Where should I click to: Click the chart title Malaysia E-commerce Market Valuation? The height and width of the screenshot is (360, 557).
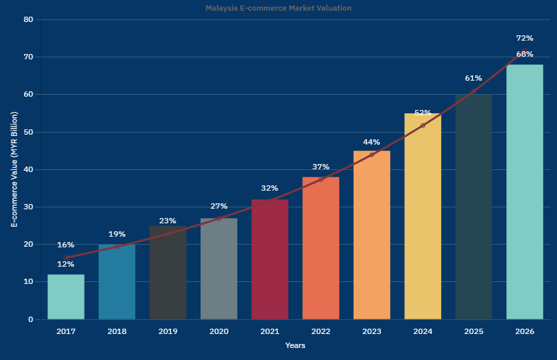278,8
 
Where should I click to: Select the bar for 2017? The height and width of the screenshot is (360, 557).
66,297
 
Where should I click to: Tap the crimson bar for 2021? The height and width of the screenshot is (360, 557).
270,259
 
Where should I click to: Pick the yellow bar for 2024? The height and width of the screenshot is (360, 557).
422,217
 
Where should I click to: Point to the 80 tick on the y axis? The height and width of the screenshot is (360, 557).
28,19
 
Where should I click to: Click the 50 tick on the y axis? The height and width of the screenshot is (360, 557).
28,132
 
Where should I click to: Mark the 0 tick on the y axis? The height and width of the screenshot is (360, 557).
31,319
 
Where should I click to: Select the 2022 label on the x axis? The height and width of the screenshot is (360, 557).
320,331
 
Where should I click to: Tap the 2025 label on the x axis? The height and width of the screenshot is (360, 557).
474,331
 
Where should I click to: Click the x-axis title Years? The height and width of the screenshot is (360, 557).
295,345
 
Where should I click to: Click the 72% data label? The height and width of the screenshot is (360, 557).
524,39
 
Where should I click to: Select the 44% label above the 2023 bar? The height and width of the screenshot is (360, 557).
371,142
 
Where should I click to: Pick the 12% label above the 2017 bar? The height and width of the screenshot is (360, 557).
65,264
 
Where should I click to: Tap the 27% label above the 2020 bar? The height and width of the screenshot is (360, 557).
219,206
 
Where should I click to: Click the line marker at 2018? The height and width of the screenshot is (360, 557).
117,247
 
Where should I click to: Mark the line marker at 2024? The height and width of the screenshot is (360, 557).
422,125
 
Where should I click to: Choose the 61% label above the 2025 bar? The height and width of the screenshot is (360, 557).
473,78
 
